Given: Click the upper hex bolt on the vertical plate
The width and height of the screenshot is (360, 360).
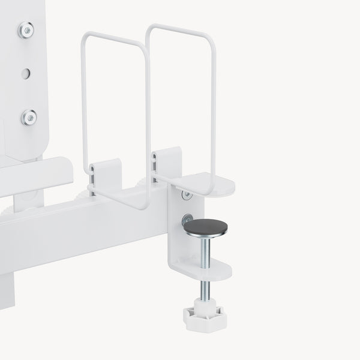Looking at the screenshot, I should (25, 29).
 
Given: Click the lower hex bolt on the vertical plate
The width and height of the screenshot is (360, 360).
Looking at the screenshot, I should (28, 117).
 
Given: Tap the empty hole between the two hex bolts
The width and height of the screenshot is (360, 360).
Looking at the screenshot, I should (25, 74).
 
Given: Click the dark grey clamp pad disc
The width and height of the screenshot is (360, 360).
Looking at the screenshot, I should (205, 227).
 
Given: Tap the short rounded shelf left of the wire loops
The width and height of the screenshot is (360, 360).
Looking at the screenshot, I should (36, 174).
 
